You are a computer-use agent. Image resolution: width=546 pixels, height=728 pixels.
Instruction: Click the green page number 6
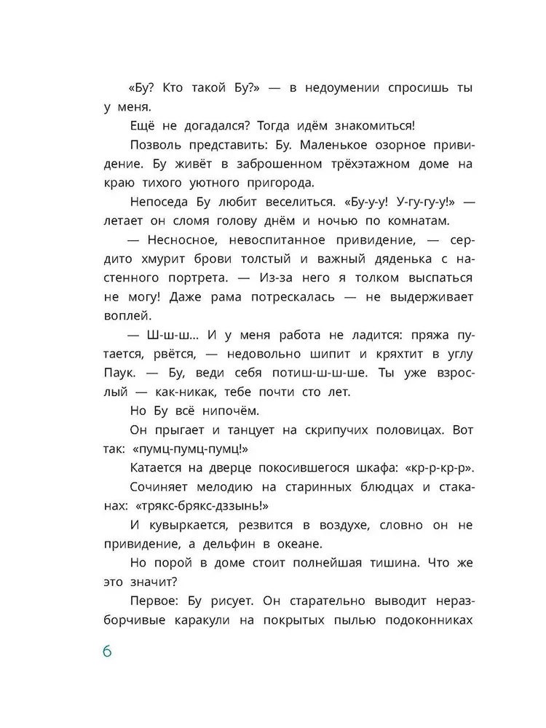pyautogui.click(x=106, y=651)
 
